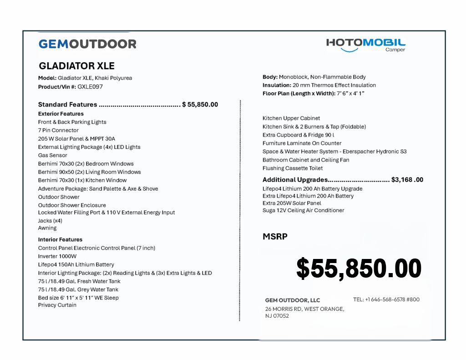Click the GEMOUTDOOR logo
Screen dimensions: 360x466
tap(87, 44)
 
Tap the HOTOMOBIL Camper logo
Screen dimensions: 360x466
tap(365, 45)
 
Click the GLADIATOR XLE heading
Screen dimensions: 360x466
tap(76, 66)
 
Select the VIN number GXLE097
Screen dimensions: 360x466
tap(90, 86)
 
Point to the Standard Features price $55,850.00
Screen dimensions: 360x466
tap(200, 105)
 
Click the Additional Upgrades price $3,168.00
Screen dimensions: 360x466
tap(407, 180)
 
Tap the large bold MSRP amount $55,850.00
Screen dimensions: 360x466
tap(359, 268)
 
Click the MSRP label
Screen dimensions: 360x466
tap(275, 237)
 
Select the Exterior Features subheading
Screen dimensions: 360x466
tap(61, 114)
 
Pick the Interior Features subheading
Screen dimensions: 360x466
tap(60, 239)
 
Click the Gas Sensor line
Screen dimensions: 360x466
tap(52, 155)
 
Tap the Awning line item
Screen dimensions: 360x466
tap(47, 228)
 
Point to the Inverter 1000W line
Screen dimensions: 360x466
tap(57, 256)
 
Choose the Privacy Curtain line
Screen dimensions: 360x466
tap(57, 305)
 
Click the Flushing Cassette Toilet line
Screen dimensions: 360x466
tap(293, 168)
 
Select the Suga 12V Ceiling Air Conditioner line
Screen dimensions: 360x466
tap(303, 210)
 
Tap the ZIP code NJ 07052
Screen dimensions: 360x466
tap(277, 316)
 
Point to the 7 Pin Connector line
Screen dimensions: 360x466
tap(58, 130)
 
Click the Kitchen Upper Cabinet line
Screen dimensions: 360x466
tap(291, 118)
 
